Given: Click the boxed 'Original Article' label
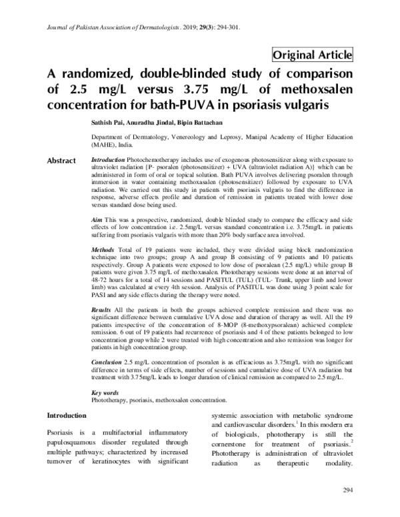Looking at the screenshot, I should (x=313, y=55).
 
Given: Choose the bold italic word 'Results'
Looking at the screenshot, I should (x=101, y=311).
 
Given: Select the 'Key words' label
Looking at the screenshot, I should (x=105, y=393).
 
